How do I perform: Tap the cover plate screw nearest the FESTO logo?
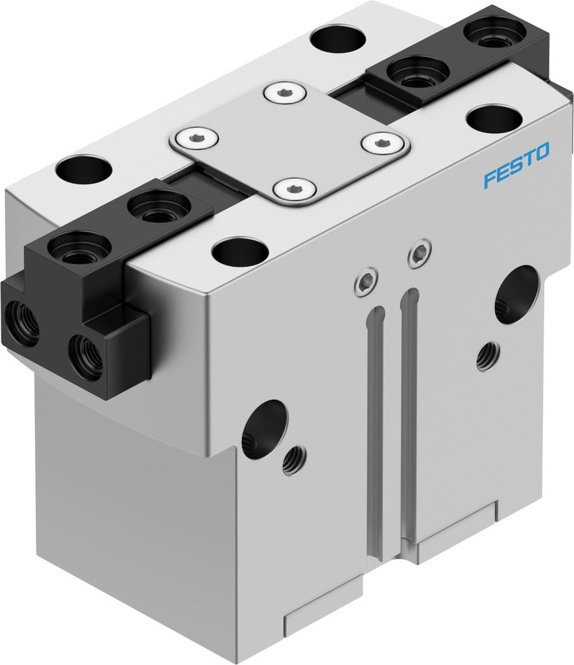point(382,141)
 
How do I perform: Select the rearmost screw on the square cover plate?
point(285,92)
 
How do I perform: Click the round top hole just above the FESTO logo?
point(494,118)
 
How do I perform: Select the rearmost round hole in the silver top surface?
point(338,39)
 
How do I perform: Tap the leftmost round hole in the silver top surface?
point(84,169)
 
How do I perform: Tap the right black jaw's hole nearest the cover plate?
point(418,72)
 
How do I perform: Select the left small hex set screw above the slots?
point(365,281)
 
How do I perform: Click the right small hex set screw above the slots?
point(418,253)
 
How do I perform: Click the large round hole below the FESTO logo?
point(515,295)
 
